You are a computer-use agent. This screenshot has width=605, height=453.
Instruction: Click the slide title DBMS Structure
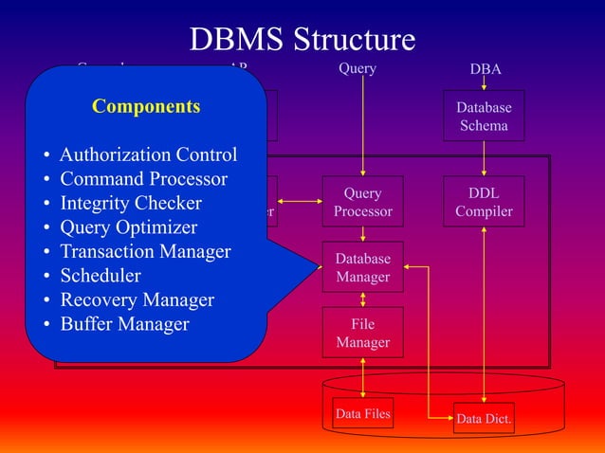302,39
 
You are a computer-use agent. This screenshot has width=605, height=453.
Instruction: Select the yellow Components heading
146,106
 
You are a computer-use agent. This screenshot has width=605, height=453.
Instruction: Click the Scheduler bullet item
101,276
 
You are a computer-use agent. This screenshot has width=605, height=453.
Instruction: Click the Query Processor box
362,202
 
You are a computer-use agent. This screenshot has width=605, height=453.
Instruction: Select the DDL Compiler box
484,202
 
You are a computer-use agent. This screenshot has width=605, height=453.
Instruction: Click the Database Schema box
484,116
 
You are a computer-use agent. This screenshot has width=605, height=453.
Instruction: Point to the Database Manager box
362,267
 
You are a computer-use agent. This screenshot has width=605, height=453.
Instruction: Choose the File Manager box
362,333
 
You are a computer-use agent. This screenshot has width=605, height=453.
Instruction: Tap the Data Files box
362,413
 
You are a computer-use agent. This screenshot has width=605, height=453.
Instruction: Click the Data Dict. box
484,418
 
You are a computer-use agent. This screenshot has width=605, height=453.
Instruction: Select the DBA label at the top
486,69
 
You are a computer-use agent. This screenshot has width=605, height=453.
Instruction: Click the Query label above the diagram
357,68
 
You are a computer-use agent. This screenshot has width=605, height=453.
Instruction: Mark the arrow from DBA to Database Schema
485,84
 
